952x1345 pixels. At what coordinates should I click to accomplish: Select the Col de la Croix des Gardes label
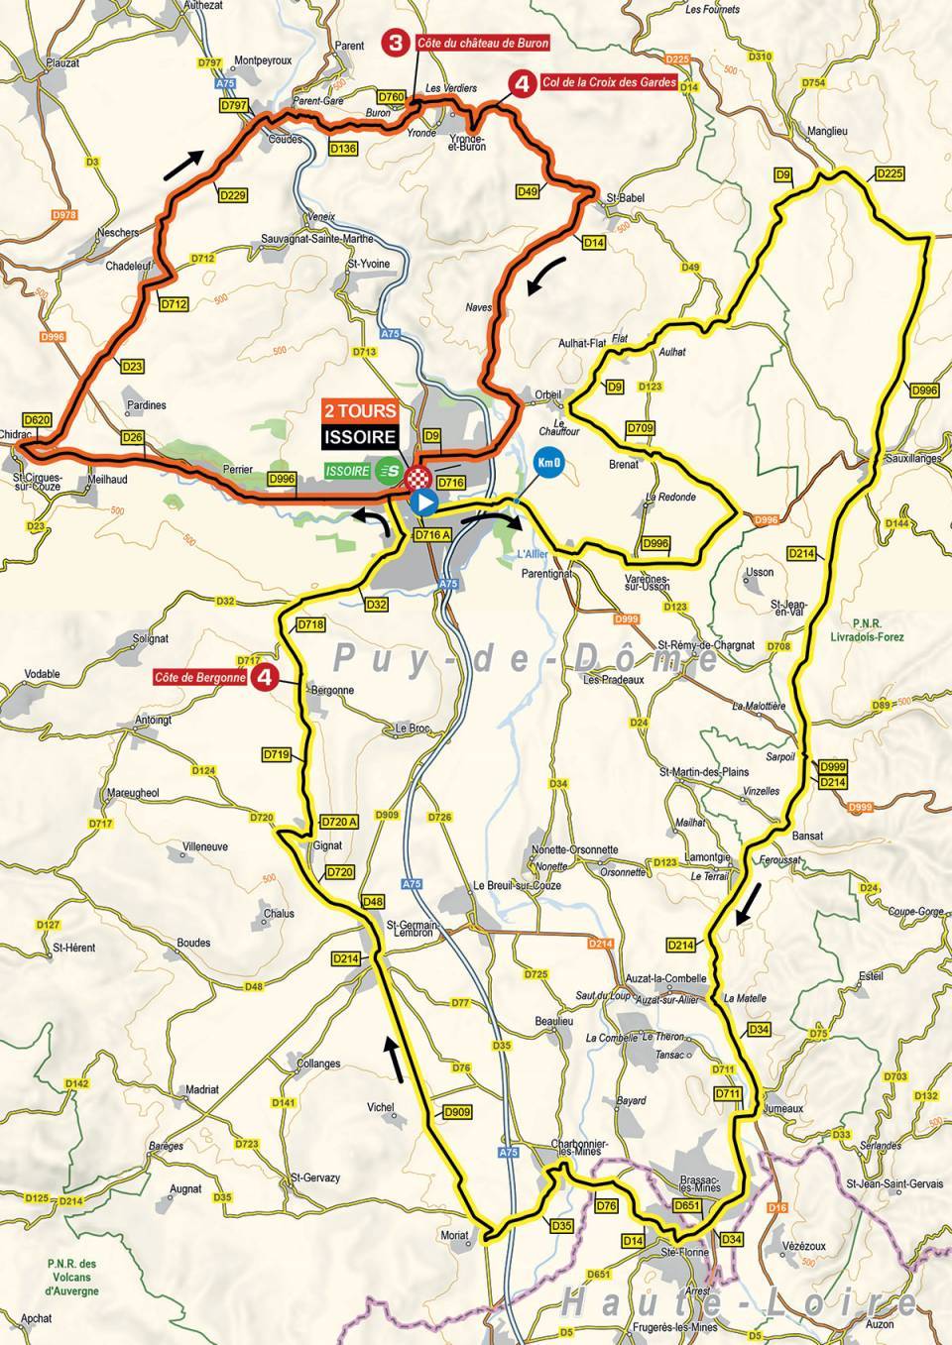click(610, 83)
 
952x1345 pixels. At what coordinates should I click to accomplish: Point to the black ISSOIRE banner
click(362, 435)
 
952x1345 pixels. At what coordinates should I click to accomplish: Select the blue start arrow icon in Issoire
click(423, 503)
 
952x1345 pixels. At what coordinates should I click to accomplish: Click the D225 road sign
click(890, 174)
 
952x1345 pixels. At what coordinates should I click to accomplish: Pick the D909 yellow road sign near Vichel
click(457, 1112)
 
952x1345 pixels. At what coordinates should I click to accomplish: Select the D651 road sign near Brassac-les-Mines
click(686, 1205)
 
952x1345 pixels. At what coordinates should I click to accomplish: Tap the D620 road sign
click(37, 420)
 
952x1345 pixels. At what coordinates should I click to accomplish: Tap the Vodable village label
click(43, 673)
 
